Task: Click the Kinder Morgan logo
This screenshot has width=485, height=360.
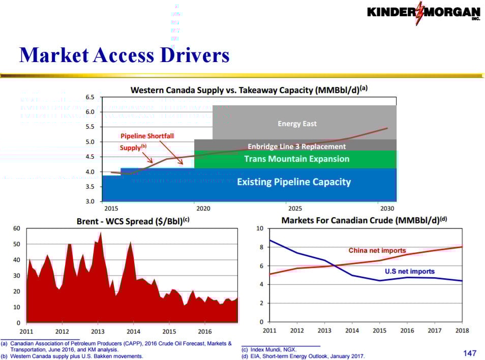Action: [x=423, y=13]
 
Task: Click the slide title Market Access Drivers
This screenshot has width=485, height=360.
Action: [x=124, y=55]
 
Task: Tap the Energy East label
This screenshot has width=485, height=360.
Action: [x=297, y=124]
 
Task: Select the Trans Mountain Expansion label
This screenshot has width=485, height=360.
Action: [x=296, y=159]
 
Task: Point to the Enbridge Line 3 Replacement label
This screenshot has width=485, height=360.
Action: [x=296, y=146]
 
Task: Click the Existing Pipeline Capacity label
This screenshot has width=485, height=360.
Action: [x=294, y=182]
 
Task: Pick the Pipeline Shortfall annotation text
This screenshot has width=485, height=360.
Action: [x=139, y=136]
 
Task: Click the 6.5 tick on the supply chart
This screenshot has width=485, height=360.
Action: [x=90, y=97]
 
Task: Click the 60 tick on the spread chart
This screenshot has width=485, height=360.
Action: [x=17, y=229]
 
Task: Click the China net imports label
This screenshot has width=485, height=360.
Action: [x=377, y=250]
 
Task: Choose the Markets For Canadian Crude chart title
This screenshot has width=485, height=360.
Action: [x=363, y=220]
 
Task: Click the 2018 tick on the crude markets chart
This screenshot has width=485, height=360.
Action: [x=461, y=331]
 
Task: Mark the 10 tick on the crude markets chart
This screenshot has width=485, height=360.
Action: [x=259, y=229]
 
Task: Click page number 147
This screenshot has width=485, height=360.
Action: [x=470, y=353]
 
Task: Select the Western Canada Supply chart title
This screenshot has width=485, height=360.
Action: [x=249, y=89]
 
